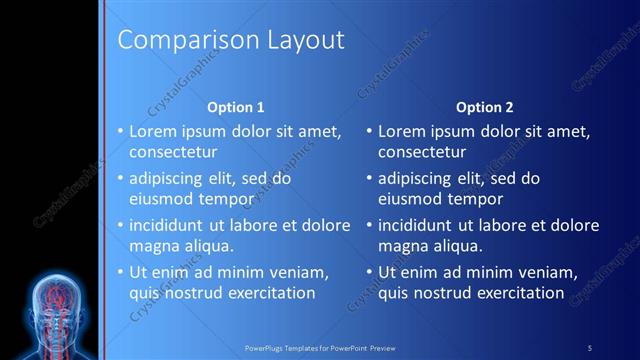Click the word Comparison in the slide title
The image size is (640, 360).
[177, 41]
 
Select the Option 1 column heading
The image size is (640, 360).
[235, 106]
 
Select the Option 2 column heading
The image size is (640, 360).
[485, 106]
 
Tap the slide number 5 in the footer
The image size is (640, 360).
[590, 347]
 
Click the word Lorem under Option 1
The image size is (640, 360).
[154, 131]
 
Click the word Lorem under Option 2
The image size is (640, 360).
[404, 131]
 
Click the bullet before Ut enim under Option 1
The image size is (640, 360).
[120, 272]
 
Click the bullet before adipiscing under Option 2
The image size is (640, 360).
[370, 178]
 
